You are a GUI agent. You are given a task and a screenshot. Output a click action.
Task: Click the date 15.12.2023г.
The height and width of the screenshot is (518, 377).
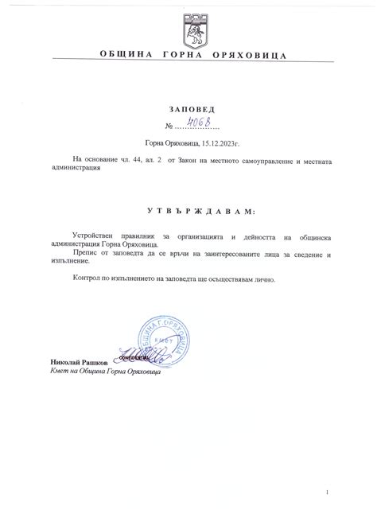(212, 143)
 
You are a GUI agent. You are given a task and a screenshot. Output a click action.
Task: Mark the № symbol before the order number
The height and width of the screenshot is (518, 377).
(168, 127)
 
